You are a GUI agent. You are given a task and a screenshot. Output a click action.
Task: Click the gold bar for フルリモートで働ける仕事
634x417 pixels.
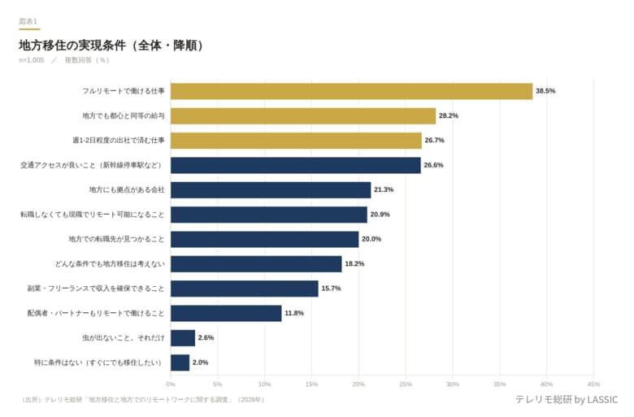pyautogui.click(x=351, y=91)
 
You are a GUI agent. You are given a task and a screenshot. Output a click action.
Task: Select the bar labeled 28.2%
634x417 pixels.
pyautogui.click(x=302, y=115)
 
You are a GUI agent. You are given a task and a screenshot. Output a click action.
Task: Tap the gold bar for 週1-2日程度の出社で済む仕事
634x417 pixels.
pyautogui.click(x=296, y=141)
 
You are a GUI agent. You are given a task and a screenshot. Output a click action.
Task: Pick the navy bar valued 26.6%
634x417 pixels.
pyautogui.click(x=295, y=165)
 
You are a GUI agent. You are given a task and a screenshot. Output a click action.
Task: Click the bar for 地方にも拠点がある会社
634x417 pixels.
pyautogui.click(x=271, y=189)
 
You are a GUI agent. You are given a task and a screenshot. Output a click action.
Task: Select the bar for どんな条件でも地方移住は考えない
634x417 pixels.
pyautogui.click(x=256, y=263)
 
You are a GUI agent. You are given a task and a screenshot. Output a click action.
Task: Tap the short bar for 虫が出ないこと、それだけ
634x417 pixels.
pyautogui.click(x=183, y=337)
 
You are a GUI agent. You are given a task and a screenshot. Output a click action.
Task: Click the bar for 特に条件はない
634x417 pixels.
pyautogui.click(x=180, y=362)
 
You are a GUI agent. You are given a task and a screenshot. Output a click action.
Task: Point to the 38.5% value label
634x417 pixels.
pyautogui.click(x=545, y=91)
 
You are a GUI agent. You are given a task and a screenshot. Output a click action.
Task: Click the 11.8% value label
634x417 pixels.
pyautogui.click(x=294, y=313)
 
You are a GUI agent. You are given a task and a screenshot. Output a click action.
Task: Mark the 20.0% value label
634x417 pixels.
pyautogui.click(x=371, y=239)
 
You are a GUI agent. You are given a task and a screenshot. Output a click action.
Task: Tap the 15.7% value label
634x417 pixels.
pyautogui.click(x=331, y=289)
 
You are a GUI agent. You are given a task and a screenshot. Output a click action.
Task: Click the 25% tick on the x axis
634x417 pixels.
pyautogui.click(x=406, y=384)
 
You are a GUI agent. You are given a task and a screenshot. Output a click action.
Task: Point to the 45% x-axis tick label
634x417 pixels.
pyautogui.click(x=593, y=384)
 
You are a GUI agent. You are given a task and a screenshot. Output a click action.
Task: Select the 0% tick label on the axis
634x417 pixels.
pyautogui.click(x=171, y=384)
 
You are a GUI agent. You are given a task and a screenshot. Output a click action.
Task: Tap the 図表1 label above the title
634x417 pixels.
pyautogui.click(x=28, y=20)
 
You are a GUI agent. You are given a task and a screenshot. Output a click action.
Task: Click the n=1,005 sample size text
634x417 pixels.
pyautogui.click(x=32, y=60)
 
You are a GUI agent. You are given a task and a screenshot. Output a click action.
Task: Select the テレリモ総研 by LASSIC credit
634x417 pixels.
pyautogui.click(x=566, y=400)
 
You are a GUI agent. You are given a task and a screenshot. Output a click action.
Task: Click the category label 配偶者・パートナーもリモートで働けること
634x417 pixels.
pyautogui.click(x=96, y=313)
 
